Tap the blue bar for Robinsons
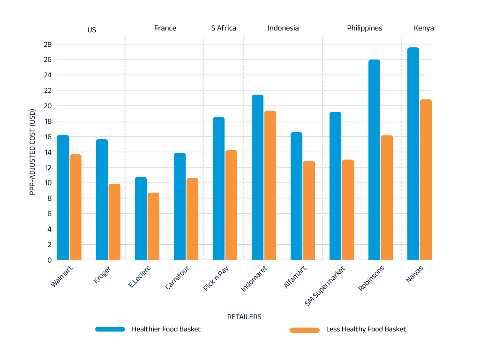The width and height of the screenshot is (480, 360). [374, 160]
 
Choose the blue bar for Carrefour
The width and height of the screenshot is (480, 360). [180, 206]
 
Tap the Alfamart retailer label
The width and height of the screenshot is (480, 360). [295, 277]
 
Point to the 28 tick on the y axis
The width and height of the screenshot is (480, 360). [48, 45]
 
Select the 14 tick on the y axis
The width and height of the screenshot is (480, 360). [48, 152]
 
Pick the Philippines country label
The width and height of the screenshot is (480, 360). [364, 28]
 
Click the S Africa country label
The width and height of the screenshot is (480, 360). [224, 28]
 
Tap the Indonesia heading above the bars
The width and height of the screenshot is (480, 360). [283, 28]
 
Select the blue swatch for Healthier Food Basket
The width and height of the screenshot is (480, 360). [110, 329]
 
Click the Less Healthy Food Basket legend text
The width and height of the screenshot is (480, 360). [366, 329]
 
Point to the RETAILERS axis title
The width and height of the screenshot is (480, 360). [244, 317]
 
